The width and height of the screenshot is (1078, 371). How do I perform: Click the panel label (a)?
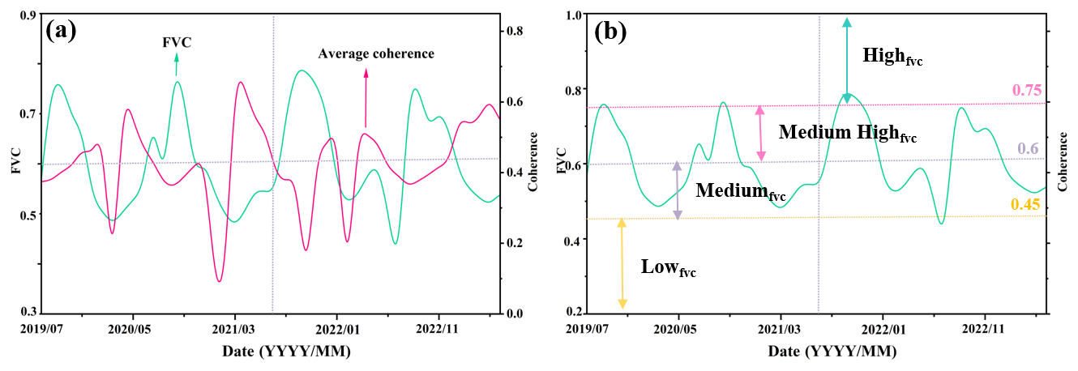62,31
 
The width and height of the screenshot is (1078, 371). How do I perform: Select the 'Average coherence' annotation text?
376,53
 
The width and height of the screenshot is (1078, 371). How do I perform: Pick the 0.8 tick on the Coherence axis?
514,31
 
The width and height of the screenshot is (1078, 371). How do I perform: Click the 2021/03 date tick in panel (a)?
235,330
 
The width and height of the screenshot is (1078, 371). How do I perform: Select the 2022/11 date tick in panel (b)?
984,330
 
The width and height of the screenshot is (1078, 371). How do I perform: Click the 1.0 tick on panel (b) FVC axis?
573,15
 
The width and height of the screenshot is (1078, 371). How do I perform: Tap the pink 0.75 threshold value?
1026,91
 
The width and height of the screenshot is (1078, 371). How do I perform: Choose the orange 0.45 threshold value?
1025,205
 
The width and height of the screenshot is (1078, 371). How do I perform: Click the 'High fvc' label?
892,57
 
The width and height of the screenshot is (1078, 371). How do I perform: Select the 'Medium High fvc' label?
847,133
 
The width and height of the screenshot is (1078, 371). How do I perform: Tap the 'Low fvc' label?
668,267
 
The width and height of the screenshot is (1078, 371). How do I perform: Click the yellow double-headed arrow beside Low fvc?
622,262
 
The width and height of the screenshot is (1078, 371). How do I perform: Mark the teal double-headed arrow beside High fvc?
847,60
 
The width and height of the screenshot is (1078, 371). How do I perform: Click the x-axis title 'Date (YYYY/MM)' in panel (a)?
287,352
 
